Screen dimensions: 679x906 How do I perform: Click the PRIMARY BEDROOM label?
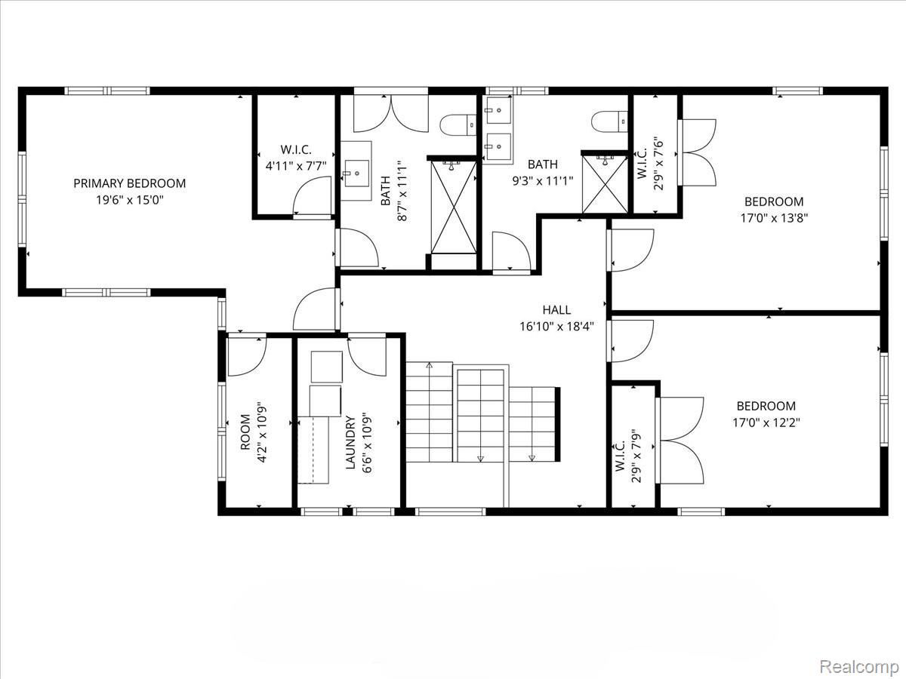pos(129,183)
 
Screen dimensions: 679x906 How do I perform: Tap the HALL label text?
pos(556,310)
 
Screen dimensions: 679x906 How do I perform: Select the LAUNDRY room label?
pos(350,443)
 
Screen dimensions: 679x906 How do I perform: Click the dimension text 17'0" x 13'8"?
pos(774,218)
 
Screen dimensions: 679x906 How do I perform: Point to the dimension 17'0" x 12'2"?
pos(766,422)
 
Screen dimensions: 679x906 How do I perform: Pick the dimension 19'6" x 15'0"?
pos(129,200)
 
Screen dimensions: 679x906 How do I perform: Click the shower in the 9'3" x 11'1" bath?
pos(604,183)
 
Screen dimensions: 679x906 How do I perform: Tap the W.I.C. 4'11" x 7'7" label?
pos(296,158)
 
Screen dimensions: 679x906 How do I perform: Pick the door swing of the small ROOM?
pos(247,356)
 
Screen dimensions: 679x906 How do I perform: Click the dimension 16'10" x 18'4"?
pos(556,327)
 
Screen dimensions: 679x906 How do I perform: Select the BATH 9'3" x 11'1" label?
pos(543,172)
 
